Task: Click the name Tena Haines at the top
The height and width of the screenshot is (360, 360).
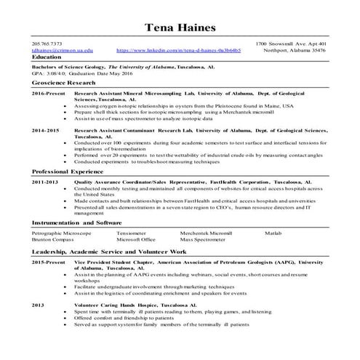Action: click(x=180, y=28)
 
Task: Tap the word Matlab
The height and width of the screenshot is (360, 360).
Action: click(x=273, y=233)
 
